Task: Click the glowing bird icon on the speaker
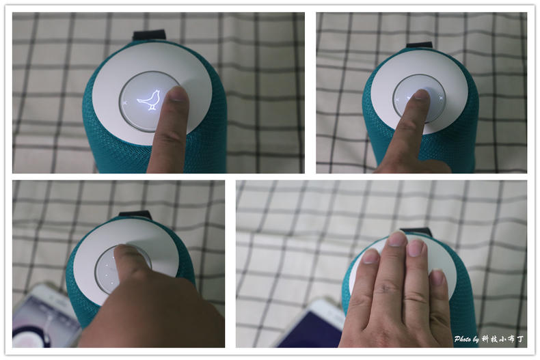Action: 149,100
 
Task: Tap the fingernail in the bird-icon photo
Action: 178,94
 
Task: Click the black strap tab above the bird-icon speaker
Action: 149,35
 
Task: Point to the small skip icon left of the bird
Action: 125,102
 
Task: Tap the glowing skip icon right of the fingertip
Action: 440,98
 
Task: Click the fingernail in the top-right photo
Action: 420,94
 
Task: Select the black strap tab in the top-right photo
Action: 419,44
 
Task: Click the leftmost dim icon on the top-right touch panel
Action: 397,100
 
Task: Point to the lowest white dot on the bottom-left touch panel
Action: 112,283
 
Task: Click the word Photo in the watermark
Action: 463,339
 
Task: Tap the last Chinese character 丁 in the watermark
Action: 519,339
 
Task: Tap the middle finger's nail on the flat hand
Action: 397,238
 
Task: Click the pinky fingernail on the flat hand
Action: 437,277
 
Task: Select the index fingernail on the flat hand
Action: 370,255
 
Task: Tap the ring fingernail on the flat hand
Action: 416,248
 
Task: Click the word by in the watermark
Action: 476,340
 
